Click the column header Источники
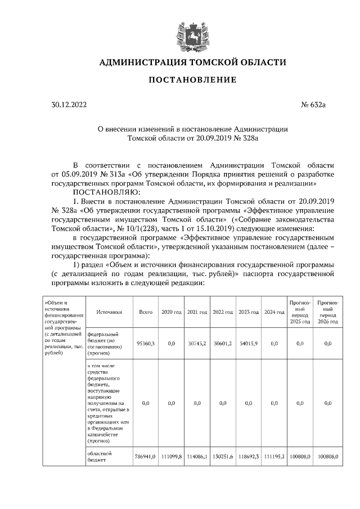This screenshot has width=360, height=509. (109, 311)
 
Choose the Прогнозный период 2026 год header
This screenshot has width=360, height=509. (327, 312)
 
